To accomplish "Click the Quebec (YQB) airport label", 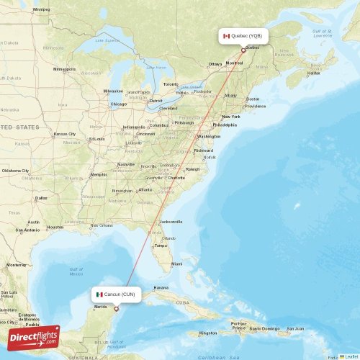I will pos(246,35).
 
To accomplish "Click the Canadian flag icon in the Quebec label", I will pos(226,35).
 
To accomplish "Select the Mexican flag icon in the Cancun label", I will pos(99,294).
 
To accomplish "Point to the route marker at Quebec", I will pos(243,50).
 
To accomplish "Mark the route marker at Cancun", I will pos(117,310).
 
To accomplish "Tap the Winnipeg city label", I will pos(41,9).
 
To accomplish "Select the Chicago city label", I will pos(118,104).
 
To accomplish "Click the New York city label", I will pos(231,116).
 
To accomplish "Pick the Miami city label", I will pos(176,264).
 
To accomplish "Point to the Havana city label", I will pos(161,287).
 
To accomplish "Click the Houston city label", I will pos(55,227).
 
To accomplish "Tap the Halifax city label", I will pos(314,73).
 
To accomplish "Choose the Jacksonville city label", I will pos(171,222).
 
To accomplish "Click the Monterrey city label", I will pos(16,265).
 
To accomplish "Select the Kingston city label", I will pos(208,333).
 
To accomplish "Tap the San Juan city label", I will pos(295,328).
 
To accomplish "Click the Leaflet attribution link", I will pos(351,356).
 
